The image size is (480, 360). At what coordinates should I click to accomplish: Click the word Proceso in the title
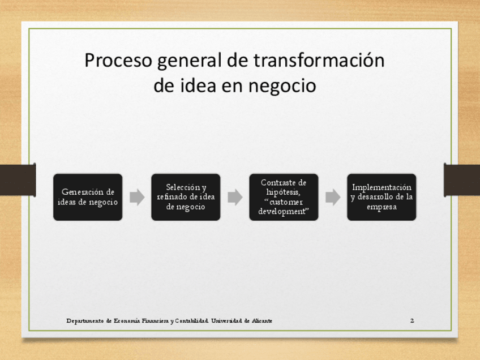point(118,60)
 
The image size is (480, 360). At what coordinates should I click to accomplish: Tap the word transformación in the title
point(319,60)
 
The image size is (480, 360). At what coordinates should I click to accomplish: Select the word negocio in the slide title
point(282,86)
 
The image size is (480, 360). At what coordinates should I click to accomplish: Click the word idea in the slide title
point(198,85)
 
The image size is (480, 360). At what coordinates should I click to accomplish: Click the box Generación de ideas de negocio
point(88,197)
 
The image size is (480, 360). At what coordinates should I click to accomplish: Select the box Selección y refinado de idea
point(186,197)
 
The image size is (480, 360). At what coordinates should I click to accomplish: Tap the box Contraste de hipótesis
point(284,197)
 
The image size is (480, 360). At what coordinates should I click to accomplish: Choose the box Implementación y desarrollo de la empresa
point(382,197)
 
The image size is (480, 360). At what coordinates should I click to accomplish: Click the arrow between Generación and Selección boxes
point(137,197)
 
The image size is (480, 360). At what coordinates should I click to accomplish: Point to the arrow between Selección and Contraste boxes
point(235,197)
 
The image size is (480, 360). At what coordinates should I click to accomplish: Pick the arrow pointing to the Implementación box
point(333,197)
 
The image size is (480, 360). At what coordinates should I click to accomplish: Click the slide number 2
point(412,320)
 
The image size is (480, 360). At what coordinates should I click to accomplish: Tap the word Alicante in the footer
point(262,320)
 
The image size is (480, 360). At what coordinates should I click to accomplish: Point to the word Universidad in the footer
point(226,320)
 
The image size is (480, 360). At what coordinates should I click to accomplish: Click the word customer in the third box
point(286,202)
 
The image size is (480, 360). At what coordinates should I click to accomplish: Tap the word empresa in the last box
point(382,207)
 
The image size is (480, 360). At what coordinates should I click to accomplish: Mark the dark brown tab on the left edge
point(18,179)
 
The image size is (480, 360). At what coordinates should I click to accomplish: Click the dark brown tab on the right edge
point(462,179)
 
